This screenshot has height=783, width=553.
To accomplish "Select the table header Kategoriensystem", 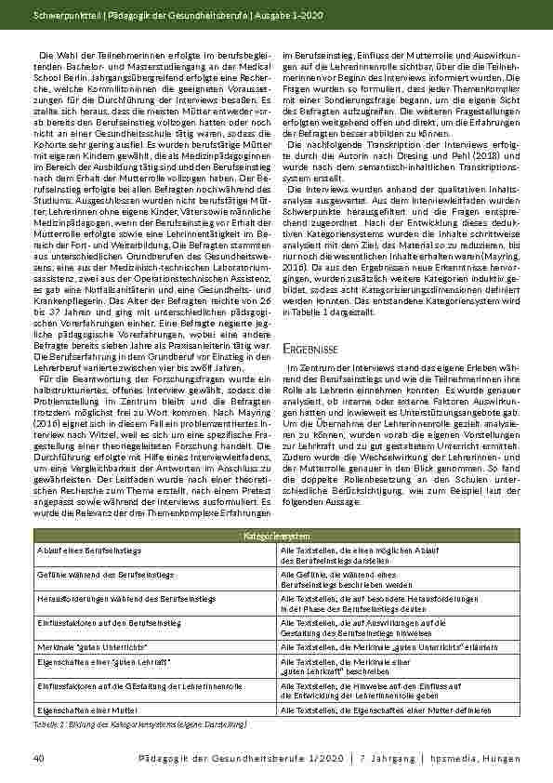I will tap(276, 537).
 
